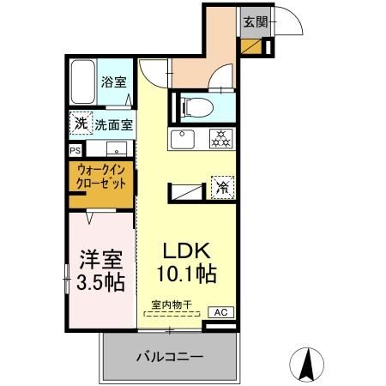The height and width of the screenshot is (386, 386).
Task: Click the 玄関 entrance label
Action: (x=253, y=21)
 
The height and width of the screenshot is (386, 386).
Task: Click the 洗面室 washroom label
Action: (x=113, y=124)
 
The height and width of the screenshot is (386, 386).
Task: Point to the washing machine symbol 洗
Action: (x=80, y=124)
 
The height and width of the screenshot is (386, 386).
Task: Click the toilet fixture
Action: (x=194, y=108)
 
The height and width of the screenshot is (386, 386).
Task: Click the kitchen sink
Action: (x=182, y=139)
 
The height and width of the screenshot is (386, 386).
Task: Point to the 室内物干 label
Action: (x=169, y=305)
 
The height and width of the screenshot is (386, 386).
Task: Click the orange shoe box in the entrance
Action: (x=252, y=46)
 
